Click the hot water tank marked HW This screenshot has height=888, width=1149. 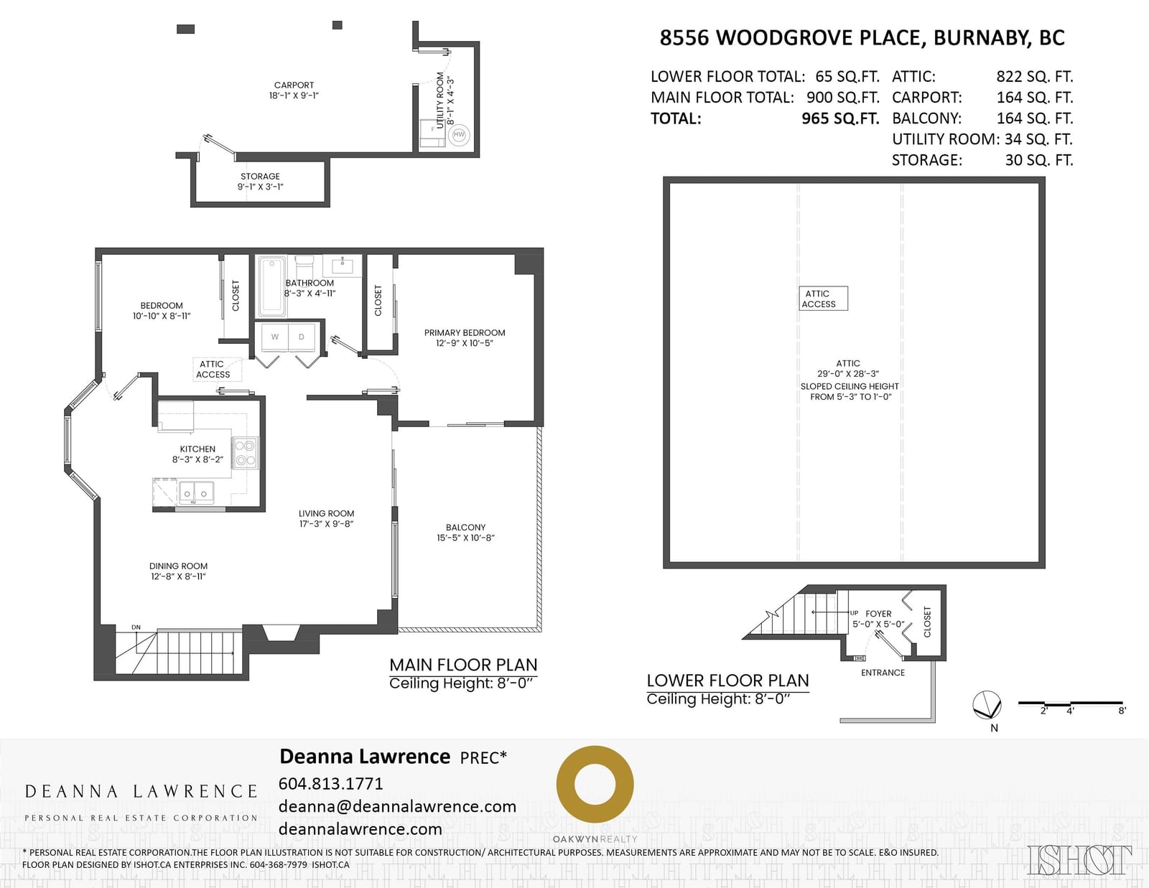(458, 135)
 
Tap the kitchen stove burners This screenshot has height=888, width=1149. (246, 453)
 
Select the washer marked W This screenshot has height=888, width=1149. (275, 337)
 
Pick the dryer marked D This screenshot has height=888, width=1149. (302, 337)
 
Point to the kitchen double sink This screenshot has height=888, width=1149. (195, 492)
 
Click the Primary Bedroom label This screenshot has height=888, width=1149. (464, 338)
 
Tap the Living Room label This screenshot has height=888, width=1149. (326, 518)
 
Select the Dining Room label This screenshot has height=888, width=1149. (178, 571)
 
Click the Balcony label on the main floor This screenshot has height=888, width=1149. (465, 532)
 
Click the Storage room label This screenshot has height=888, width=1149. (260, 182)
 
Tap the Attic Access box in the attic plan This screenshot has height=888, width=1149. (823, 299)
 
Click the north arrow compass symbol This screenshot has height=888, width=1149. (987, 705)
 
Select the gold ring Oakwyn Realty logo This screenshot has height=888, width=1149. (595, 785)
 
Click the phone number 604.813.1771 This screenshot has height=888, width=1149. (330, 783)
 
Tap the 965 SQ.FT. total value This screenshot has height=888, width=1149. (841, 118)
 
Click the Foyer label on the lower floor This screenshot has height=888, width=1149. (878, 619)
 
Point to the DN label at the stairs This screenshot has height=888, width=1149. (136, 627)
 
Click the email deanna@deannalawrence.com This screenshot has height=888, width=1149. (398, 807)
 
